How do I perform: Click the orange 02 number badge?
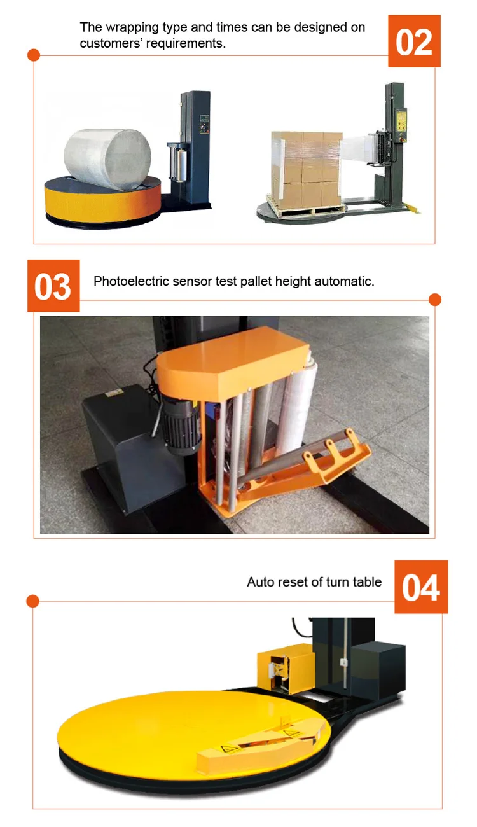tap(414, 41)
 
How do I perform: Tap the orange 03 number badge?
tap(53, 286)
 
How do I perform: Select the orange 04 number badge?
tap(421, 587)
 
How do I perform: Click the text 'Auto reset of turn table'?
tap(314, 581)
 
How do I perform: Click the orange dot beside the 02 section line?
tap(34, 55)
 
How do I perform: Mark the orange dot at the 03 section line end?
tap(435, 300)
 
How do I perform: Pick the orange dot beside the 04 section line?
tap(33, 601)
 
